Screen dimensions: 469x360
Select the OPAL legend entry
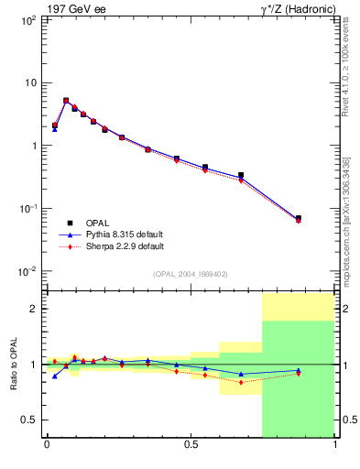96,223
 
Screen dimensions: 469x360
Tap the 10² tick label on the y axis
27,19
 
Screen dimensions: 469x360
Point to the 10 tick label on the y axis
29,82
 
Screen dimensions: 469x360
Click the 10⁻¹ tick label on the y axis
27,209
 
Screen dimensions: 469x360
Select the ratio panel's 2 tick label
33,310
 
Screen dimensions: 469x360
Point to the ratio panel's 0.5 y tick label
29,420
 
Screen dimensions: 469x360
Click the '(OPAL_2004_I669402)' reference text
191,274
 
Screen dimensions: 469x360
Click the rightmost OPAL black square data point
298,218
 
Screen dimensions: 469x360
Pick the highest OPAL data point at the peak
66,101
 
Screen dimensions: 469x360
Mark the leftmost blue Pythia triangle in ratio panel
55,376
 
